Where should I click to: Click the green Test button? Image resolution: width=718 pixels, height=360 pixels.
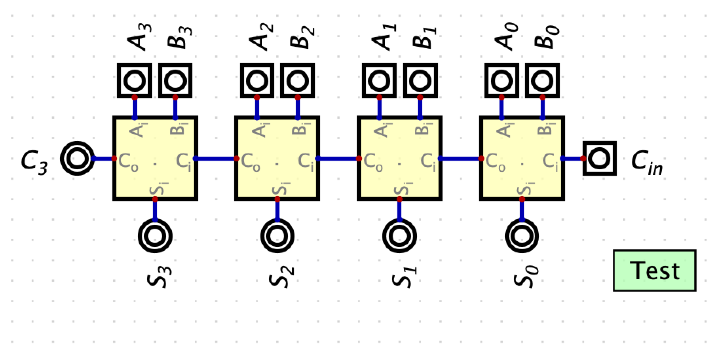click(x=654, y=271)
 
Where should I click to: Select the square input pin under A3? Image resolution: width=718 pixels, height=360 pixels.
click(x=135, y=81)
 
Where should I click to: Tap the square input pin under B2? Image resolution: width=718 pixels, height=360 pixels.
click(x=298, y=81)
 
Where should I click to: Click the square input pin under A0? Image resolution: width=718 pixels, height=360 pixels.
click(x=501, y=81)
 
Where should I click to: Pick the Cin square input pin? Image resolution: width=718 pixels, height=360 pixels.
click(x=599, y=158)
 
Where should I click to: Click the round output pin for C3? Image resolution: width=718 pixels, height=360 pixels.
click(x=78, y=158)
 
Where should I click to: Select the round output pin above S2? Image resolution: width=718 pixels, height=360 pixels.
click(x=277, y=236)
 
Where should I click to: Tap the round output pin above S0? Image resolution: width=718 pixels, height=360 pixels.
click(x=522, y=236)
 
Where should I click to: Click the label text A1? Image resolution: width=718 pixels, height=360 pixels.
click(x=383, y=37)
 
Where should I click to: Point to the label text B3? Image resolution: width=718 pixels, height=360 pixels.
click(x=179, y=37)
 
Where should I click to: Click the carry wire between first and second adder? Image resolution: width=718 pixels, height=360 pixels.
click(x=216, y=159)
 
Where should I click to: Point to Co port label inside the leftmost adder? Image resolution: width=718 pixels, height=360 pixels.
click(x=128, y=161)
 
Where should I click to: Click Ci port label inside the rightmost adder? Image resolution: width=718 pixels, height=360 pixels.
click(x=550, y=161)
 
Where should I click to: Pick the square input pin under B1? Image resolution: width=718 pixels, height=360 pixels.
click(x=420, y=81)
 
